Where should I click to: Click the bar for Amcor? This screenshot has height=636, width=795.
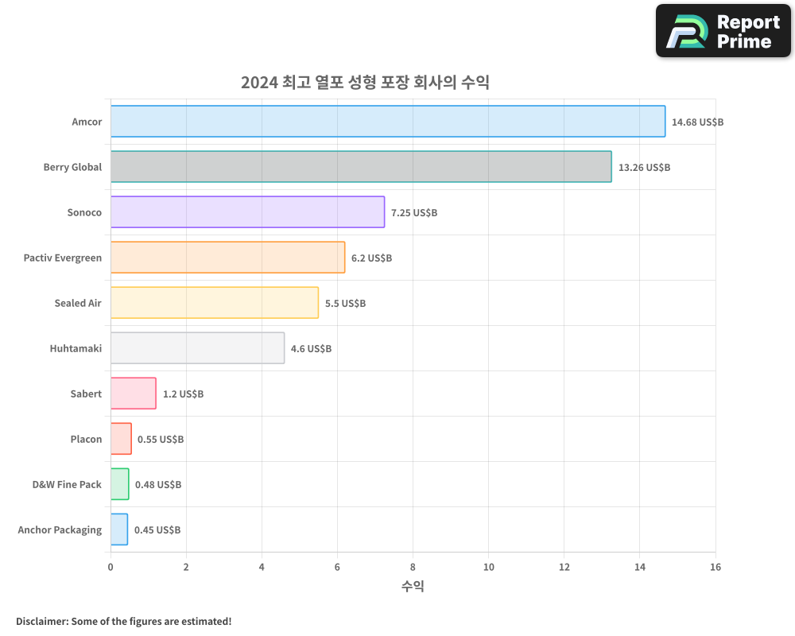(388, 122)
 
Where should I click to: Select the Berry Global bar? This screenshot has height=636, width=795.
(361, 167)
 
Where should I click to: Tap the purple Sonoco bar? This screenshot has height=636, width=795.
(247, 212)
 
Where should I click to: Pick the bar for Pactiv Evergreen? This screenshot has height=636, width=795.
(227, 258)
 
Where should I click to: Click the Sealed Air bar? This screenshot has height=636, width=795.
(215, 303)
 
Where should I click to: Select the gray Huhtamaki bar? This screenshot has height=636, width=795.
(197, 348)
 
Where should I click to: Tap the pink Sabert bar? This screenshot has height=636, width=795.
(134, 394)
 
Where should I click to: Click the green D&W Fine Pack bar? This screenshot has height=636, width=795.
(119, 484)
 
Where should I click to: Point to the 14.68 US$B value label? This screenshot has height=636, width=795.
(697, 122)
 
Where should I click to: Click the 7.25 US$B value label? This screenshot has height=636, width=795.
(414, 213)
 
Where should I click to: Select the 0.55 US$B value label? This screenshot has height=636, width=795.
(161, 440)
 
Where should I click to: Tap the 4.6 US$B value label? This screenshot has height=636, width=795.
(311, 349)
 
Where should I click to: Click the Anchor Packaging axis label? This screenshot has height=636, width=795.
(60, 530)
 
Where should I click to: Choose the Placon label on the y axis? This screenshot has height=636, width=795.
(86, 440)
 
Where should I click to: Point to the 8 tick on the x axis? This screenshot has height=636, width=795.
(413, 567)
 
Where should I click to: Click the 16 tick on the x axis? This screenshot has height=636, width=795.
(715, 567)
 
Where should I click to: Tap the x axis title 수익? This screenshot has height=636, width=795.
(413, 587)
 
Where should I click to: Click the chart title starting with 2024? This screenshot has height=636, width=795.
(365, 83)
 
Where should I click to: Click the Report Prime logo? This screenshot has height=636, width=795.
(723, 31)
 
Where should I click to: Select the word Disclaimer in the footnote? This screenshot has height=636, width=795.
(41, 621)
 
